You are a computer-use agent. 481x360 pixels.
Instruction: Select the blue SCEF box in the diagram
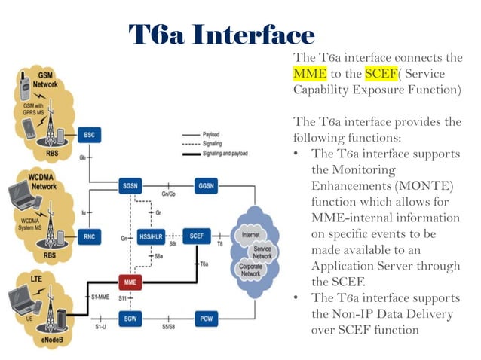pos(197,236)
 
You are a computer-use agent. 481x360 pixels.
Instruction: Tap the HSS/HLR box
pos(151,236)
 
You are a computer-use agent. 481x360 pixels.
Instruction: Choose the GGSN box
pos(206,185)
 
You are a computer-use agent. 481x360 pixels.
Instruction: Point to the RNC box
pos(89,236)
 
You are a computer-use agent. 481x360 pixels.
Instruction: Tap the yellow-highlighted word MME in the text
pos(310,74)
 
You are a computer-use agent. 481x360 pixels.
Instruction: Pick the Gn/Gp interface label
pos(169,195)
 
